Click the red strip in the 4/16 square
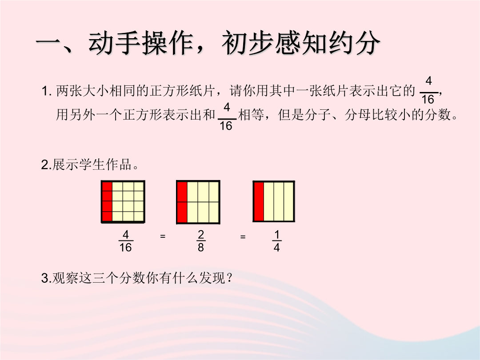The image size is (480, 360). tap(107, 201)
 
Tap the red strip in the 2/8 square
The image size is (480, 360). tap(182, 202)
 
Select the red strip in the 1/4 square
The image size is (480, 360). tap(259, 201)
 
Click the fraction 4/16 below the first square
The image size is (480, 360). tap(125, 241)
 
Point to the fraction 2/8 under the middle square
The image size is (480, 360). tap(201, 241)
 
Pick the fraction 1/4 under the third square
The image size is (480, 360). tap(277, 241)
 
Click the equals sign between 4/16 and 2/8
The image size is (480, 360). tap(163, 236)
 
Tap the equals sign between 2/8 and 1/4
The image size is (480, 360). tap(243, 236)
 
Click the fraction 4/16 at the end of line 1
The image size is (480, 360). tap(428, 90)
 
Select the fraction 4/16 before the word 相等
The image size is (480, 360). tap(227, 116)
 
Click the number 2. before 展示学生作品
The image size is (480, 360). tap(46, 165)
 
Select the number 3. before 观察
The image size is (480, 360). tap(46, 278)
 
